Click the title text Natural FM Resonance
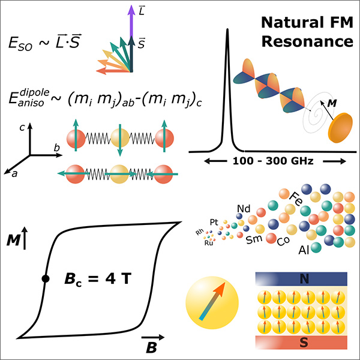pos(305,33)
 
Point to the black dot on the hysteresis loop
pos(46,278)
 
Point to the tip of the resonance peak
pos(227,30)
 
